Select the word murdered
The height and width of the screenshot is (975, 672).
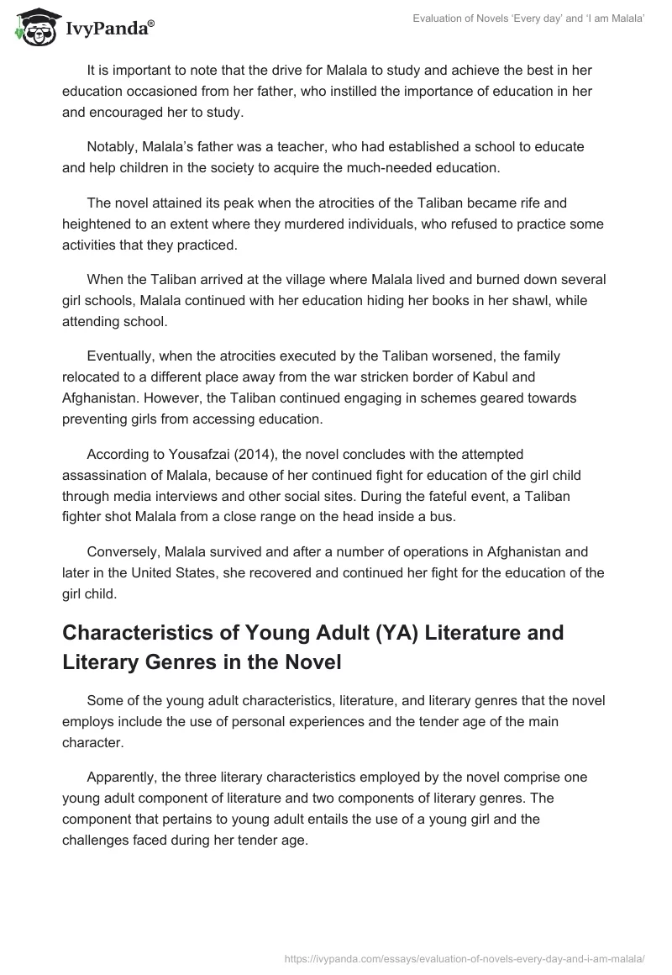click(x=379, y=225)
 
